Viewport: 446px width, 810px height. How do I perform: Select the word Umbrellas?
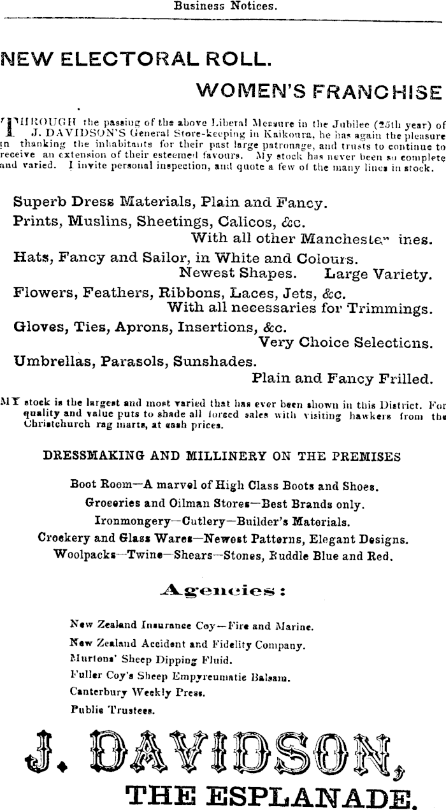52,361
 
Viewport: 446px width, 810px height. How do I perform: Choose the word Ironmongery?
131,521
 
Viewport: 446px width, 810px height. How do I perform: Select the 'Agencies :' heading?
222,591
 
